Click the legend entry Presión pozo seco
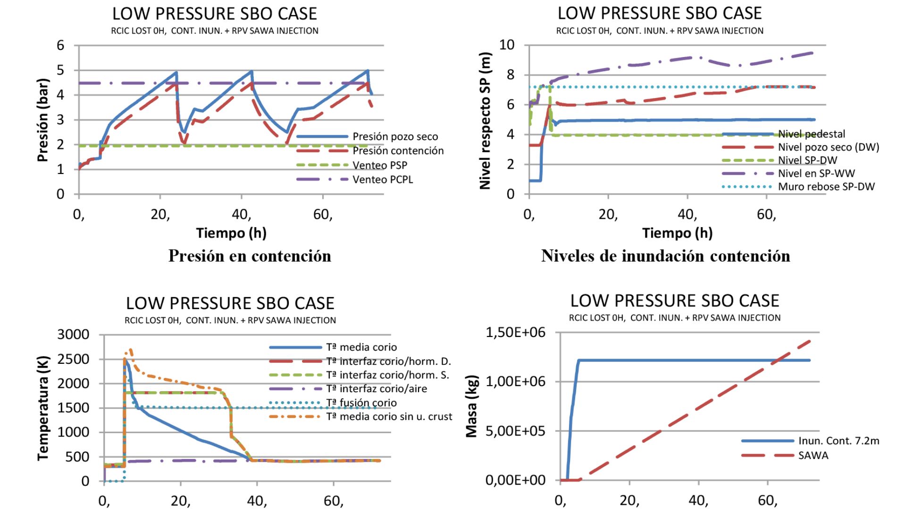pyautogui.click(x=395, y=137)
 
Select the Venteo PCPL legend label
pyautogui.click(x=383, y=180)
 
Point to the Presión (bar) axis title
pyautogui.click(x=43, y=120)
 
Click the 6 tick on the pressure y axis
pyautogui.click(x=60, y=46)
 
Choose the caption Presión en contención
pyautogui.click(x=250, y=256)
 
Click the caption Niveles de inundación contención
pyautogui.click(x=665, y=256)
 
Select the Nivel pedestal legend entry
pyautogui.click(x=812, y=134)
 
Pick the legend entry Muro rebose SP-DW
pyautogui.click(x=826, y=187)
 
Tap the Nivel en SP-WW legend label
pyautogui.click(x=816, y=173)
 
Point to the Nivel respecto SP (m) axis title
pyautogui.click(x=486, y=121)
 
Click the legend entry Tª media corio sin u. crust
pyautogui.click(x=389, y=417)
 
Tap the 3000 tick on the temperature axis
pyautogui.click(x=73, y=335)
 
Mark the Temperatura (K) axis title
pyautogui.click(x=43, y=408)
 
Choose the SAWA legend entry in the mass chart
pyautogui.click(x=813, y=456)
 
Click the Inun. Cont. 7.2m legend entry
pyautogui.click(x=839, y=441)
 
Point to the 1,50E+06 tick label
pyautogui.click(x=515, y=333)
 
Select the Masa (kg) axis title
pyautogui.click(x=472, y=406)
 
